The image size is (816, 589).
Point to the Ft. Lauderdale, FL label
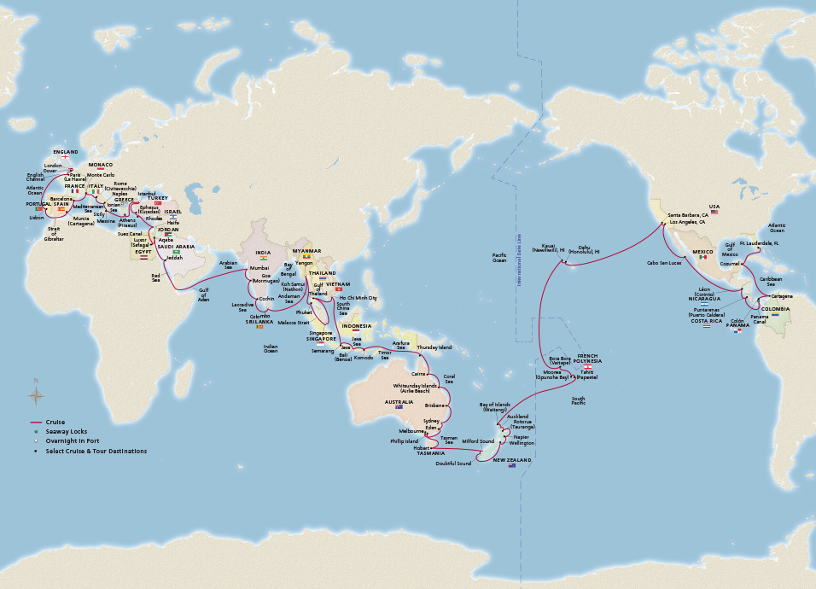[x=760, y=242]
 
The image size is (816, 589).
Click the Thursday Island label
[x=434, y=347]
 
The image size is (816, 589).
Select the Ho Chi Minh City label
[x=358, y=298]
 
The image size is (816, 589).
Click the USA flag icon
[x=714, y=212]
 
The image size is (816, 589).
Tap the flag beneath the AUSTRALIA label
[x=399, y=407]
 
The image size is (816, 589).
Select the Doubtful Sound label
[x=452, y=464]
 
